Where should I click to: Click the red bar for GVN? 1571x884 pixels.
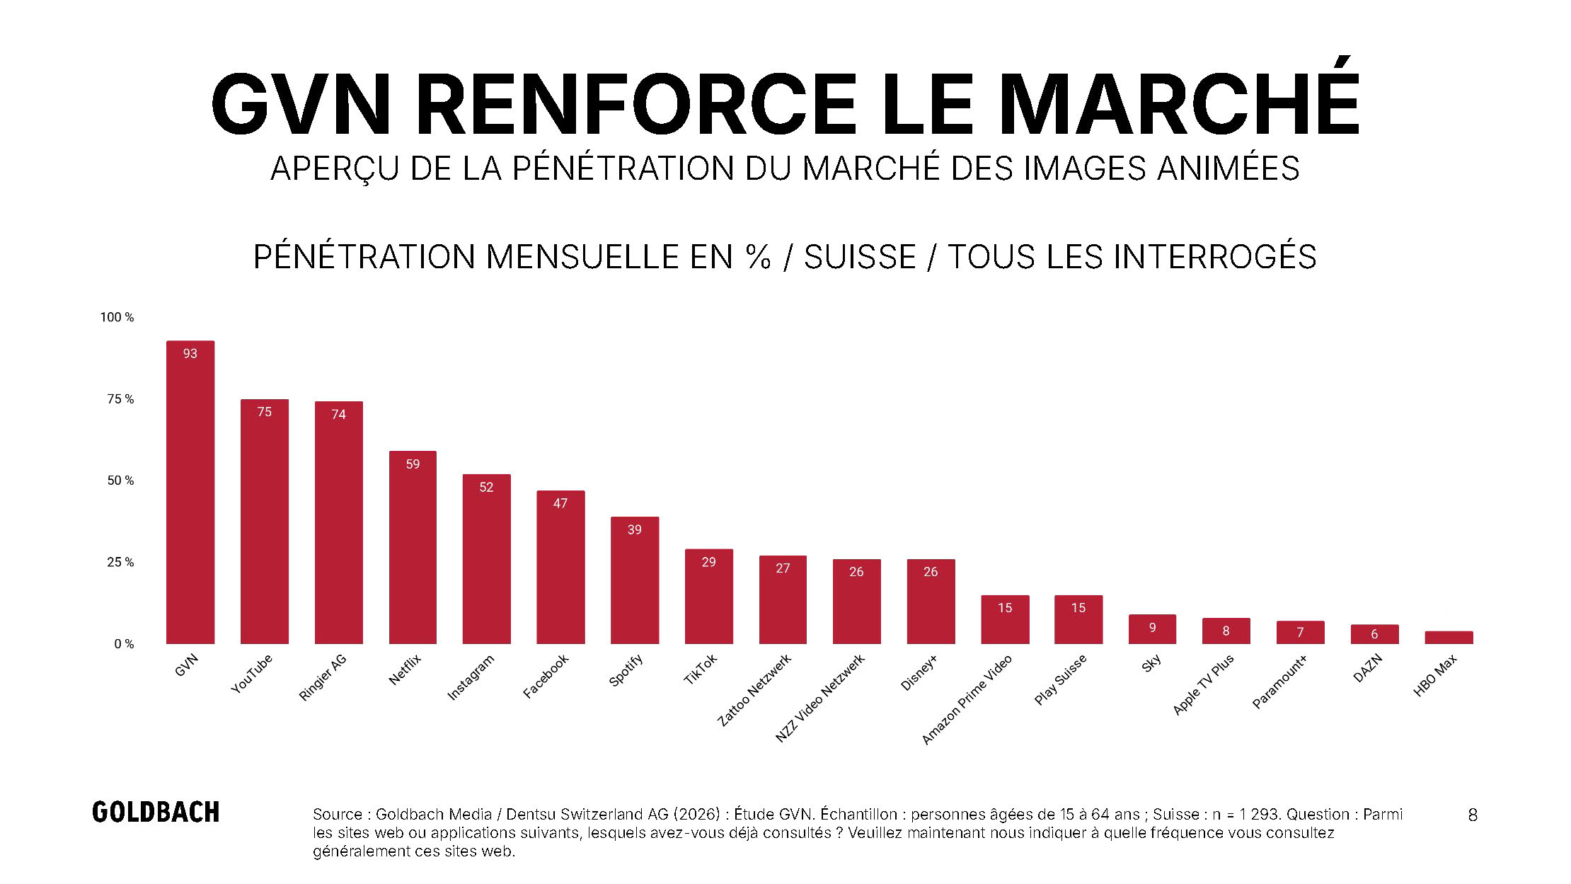click(x=190, y=492)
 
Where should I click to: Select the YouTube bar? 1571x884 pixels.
click(x=265, y=522)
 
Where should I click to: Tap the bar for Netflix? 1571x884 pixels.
click(x=413, y=547)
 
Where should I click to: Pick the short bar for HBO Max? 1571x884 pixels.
click(x=1449, y=638)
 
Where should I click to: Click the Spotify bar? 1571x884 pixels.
click(x=635, y=580)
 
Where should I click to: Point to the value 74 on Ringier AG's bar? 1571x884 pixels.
click(x=339, y=415)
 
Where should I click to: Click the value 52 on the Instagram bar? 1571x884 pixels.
click(x=486, y=488)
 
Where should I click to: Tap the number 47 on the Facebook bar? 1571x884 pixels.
click(x=560, y=503)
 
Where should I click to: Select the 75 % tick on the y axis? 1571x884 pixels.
click(x=120, y=399)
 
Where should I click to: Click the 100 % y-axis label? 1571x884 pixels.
click(x=117, y=317)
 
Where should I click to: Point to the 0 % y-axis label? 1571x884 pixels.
click(x=124, y=644)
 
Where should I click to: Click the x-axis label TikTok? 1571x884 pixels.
click(x=701, y=669)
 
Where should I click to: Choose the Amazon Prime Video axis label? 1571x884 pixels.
click(x=967, y=699)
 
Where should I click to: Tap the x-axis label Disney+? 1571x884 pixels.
click(x=919, y=672)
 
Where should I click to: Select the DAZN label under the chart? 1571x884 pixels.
click(x=1367, y=668)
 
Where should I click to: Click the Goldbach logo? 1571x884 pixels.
click(x=156, y=813)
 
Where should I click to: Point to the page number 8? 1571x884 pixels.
click(x=1473, y=815)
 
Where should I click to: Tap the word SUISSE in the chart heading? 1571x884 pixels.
click(x=860, y=256)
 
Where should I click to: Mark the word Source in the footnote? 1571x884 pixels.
click(x=338, y=814)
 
